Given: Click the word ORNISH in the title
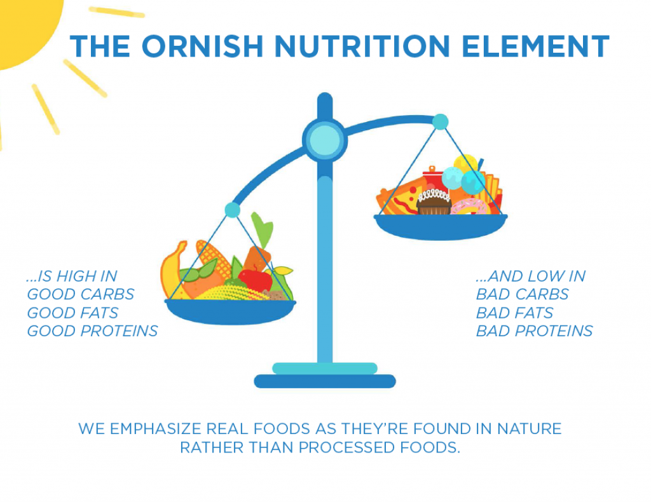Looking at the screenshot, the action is (x=203, y=46).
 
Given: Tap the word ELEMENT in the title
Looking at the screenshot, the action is (x=535, y=46).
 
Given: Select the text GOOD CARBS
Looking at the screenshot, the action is (x=81, y=294).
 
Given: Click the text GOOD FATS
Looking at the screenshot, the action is (x=72, y=313).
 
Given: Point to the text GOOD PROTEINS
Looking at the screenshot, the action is (x=92, y=330).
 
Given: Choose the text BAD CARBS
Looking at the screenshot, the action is (x=523, y=294).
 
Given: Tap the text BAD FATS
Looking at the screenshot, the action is (x=514, y=313).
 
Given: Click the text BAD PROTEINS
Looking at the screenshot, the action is (x=534, y=330).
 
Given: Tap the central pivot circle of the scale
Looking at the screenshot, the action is (x=325, y=139).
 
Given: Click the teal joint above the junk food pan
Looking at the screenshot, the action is (x=440, y=121).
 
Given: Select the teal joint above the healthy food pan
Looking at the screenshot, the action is (x=233, y=210).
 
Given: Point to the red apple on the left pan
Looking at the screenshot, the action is (x=256, y=280).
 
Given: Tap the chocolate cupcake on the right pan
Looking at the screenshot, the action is (x=434, y=203).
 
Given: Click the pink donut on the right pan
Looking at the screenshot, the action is (x=470, y=207).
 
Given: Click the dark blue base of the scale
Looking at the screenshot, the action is (x=325, y=381).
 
